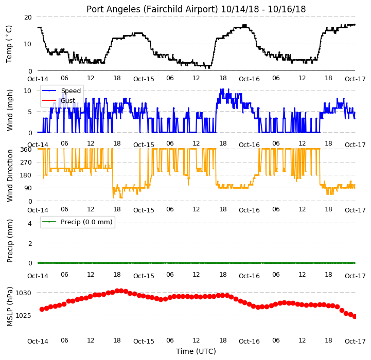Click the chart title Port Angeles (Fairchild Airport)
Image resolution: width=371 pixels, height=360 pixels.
click(152, 9)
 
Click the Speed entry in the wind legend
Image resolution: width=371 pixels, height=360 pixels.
click(70, 91)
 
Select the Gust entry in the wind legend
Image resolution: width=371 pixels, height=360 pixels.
click(68, 100)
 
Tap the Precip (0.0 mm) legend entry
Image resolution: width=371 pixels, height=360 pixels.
click(86, 222)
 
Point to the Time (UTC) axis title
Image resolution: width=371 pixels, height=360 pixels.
click(196, 351)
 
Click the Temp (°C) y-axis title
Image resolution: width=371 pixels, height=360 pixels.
click(9, 44)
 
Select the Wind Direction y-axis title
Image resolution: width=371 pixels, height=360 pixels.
click(10, 175)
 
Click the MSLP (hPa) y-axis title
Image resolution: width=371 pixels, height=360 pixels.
click(10, 307)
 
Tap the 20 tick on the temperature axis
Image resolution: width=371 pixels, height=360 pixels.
click(28, 17)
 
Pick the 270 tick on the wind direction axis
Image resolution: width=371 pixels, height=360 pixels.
click(26, 163)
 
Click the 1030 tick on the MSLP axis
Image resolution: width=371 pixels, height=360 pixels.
click(23, 293)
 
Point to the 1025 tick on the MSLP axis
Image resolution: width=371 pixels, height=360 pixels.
click(23, 316)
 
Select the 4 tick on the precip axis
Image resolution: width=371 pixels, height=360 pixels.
click(30, 223)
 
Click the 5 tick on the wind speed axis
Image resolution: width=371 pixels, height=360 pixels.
click(30, 112)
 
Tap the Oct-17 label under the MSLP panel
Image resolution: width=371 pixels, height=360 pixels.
click(355, 341)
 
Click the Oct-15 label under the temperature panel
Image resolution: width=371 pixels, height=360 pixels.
click(144, 79)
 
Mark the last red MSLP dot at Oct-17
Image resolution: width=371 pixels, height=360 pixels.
click(355, 316)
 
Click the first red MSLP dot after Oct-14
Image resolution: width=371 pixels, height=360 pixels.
click(42, 310)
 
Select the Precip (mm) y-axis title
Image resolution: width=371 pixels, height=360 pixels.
click(10, 241)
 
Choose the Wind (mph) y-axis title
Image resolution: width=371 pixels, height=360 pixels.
click(10, 110)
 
